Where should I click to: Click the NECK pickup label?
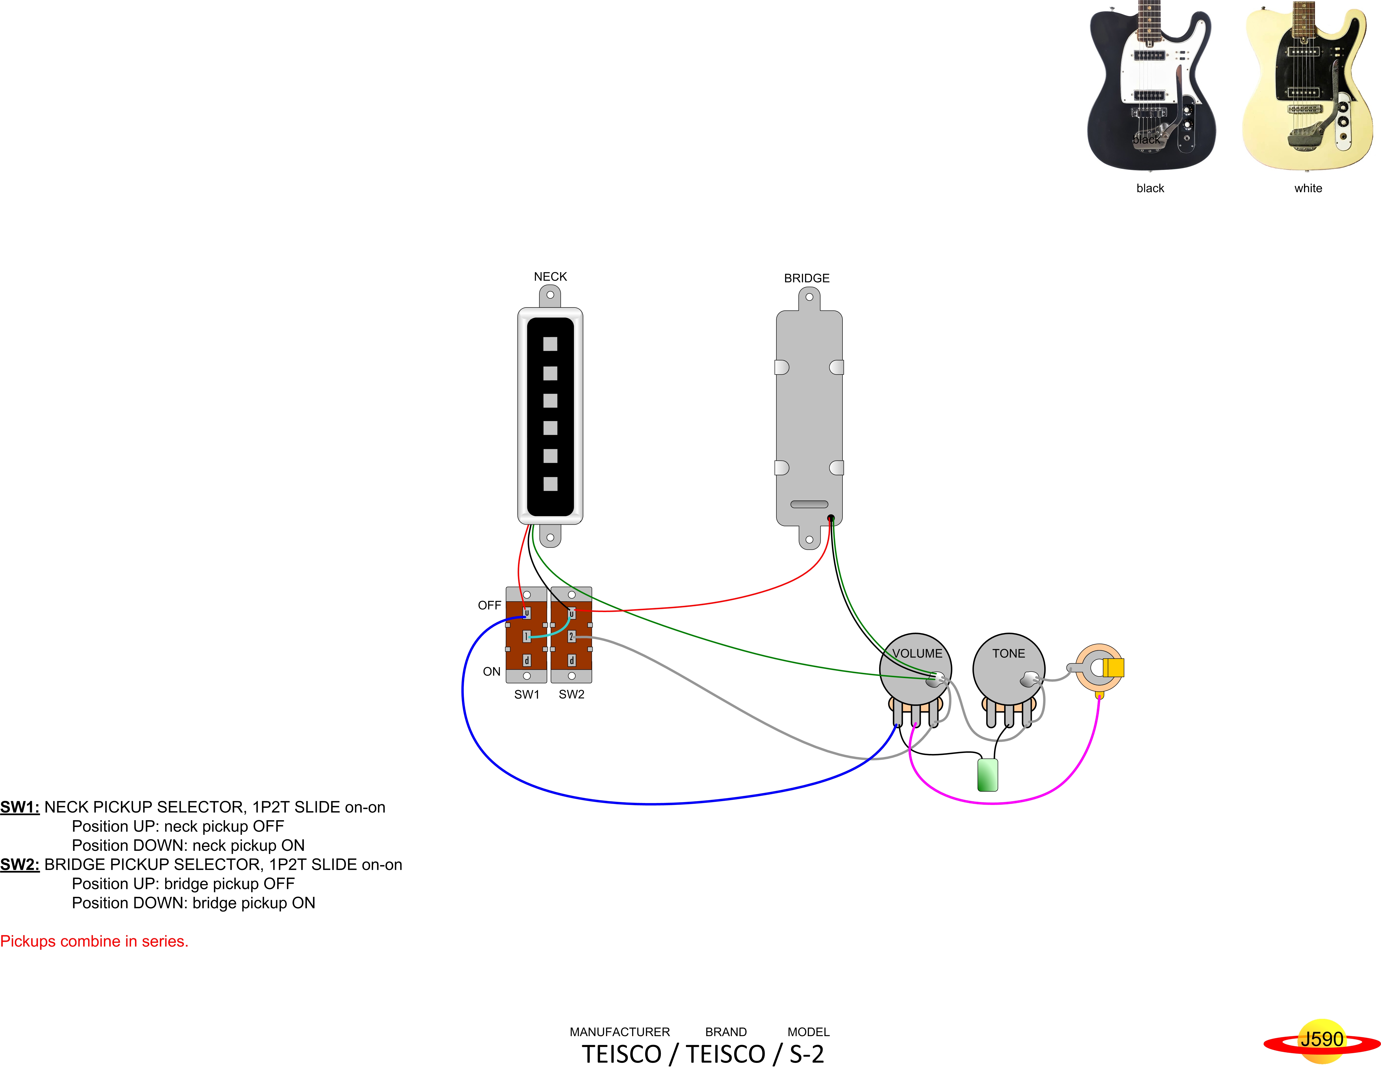[x=550, y=277]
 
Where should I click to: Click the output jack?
[x=1100, y=668]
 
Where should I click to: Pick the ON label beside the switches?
[x=491, y=671]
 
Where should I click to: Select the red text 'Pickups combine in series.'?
[x=94, y=941]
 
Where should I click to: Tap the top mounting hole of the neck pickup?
[x=550, y=295]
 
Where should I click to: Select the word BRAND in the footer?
[x=726, y=1032]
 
